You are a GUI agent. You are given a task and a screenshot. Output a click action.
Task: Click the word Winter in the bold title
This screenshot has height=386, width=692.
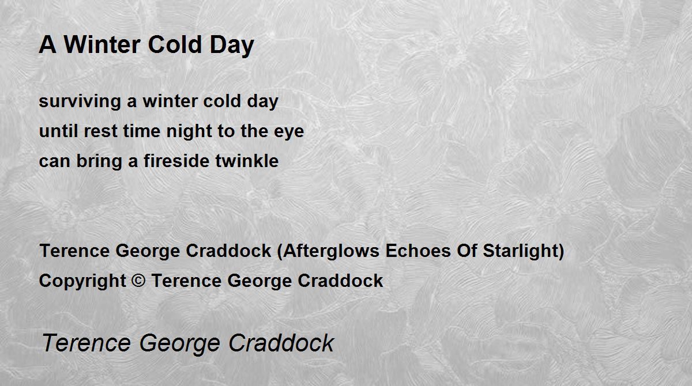[102, 45]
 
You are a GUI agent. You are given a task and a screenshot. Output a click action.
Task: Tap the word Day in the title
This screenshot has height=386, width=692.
[232, 46]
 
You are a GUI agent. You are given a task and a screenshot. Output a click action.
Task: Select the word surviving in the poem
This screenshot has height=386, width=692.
[80, 102]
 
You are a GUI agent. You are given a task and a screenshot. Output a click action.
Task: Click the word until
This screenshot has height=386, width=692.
[59, 131]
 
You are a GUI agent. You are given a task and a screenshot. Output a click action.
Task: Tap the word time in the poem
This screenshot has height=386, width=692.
[142, 131]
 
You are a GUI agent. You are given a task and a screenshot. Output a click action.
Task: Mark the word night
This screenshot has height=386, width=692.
[189, 132]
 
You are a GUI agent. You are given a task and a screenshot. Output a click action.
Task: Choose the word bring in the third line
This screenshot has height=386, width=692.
[99, 162]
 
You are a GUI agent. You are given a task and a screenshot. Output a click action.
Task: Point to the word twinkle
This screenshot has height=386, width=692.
[247, 161]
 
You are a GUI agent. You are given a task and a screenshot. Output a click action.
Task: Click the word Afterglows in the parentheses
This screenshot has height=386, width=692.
[331, 251]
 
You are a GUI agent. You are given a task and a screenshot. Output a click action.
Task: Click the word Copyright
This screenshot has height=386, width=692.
[82, 281]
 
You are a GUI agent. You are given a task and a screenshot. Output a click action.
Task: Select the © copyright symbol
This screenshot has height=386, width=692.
[138, 281]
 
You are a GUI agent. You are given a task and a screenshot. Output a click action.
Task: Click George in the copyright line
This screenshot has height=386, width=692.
[259, 281]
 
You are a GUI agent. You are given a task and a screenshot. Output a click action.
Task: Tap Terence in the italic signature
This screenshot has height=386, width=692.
[86, 343]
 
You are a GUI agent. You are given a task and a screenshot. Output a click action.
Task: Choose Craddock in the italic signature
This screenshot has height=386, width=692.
[281, 343]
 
